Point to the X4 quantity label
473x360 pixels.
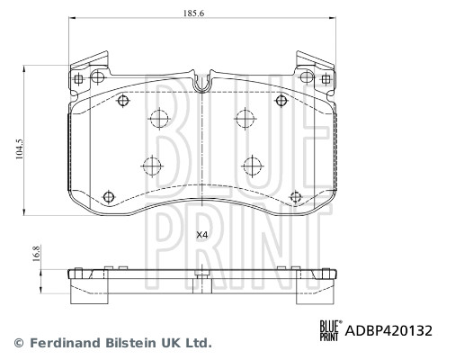pos(202,235)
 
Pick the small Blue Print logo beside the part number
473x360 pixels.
pos(332,330)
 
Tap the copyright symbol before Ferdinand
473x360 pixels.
pos(19,343)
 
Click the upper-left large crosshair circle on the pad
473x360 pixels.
pos(159,119)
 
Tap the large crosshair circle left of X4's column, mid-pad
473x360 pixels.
pos(151,165)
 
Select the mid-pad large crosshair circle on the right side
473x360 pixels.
pos(252,165)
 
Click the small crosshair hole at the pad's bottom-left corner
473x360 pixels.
pos(109,196)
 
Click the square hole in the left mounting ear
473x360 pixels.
pos(78,79)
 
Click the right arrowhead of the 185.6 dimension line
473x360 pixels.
pos(332,21)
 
